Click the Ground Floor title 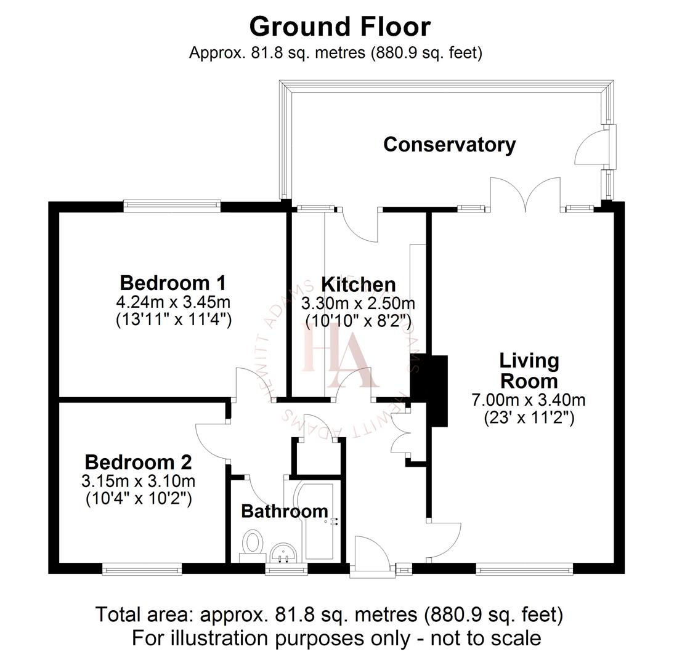click(339, 27)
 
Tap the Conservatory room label click(449, 145)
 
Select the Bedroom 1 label click(173, 283)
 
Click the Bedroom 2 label click(138, 462)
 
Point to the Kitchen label click(359, 284)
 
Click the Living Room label click(529, 371)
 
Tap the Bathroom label click(284, 511)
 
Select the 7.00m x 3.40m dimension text click(528, 400)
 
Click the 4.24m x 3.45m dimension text click(173, 302)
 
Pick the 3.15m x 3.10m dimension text click(138, 480)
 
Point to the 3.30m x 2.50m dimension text click(358, 304)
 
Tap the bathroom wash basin click(284, 552)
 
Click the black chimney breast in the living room click(437, 390)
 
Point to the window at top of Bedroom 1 click(172, 206)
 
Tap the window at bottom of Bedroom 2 click(142, 570)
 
